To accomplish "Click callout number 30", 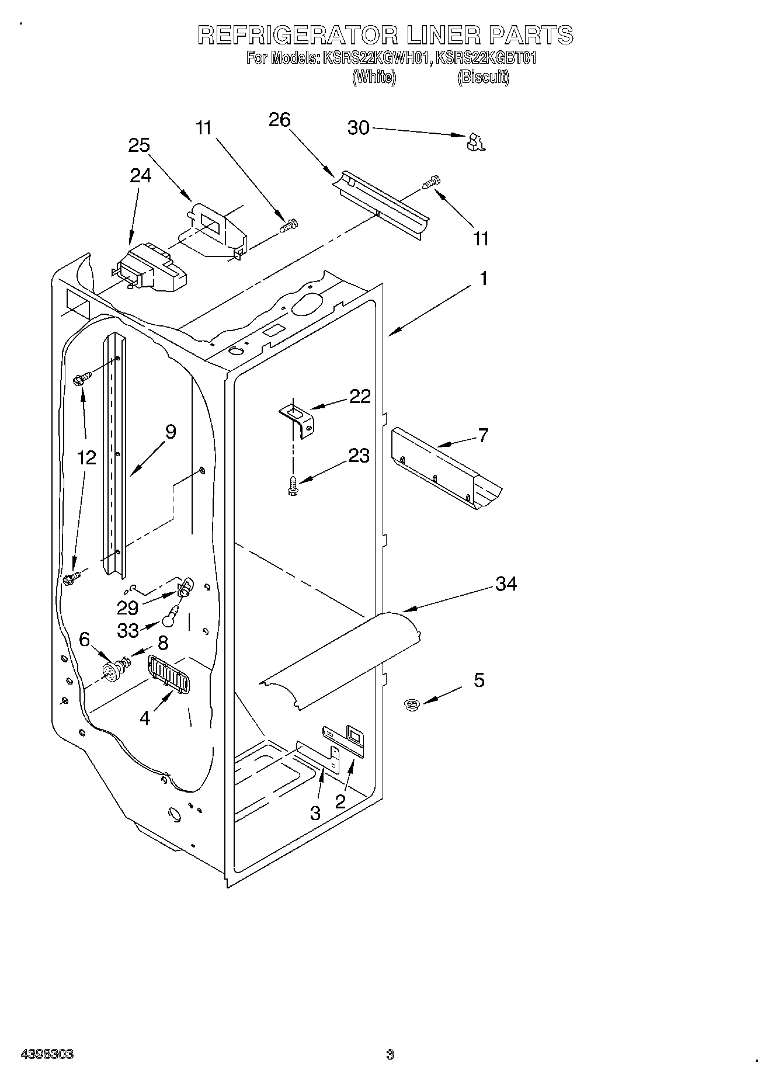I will click(358, 127).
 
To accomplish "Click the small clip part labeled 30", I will click(476, 142).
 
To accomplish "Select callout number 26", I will click(279, 120).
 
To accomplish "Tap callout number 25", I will click(140, 145).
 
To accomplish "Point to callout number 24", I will click(140, 175).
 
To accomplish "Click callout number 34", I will click(506, 584).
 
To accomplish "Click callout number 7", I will click(483, 435).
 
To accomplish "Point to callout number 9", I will click(170, 432).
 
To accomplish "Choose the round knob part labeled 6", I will click(110, 672).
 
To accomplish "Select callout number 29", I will click(127, 608).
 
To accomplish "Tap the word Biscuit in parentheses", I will click(483, 77).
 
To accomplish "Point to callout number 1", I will click(484, 279).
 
